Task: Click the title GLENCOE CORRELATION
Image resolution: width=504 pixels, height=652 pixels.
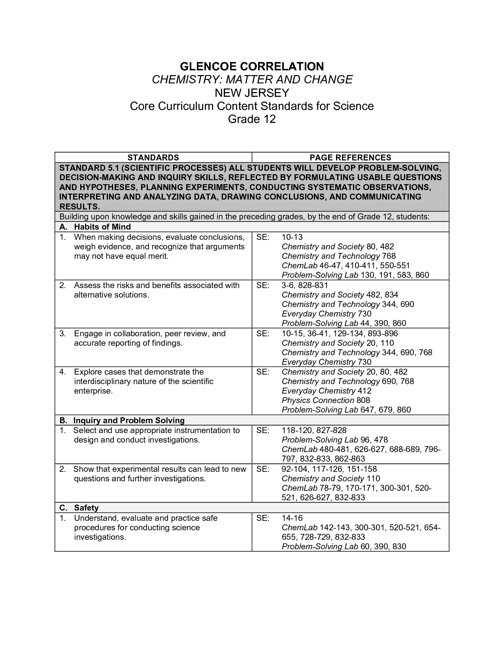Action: pos(252,66)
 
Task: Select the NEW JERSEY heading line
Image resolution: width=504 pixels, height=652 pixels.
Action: pos(252,93)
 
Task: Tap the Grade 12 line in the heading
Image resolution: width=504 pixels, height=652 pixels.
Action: pos(252,119)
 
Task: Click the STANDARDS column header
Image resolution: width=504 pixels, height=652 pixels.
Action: pos(153,157)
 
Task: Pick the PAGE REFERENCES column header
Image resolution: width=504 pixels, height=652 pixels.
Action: pos(350,157)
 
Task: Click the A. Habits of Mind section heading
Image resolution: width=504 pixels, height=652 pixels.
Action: pos(95,227)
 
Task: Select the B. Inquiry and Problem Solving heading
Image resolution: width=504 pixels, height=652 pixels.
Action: pos(122,420)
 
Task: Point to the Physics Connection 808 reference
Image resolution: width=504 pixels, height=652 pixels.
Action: pos(326,400)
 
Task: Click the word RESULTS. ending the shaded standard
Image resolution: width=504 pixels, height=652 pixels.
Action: pos(79,207)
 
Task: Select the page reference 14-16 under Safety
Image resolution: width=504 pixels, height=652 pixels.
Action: pos(292,518)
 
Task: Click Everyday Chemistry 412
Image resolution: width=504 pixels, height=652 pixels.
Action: pos(327,391)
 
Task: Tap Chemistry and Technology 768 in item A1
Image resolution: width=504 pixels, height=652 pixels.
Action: pos(339,256)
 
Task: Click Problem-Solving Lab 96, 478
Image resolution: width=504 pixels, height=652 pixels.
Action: pos(334,440)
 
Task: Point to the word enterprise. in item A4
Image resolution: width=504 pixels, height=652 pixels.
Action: pos(93,391)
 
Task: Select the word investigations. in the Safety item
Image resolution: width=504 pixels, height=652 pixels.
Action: pos(100,537)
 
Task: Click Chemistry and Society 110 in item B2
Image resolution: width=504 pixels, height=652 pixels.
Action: pos(330,479)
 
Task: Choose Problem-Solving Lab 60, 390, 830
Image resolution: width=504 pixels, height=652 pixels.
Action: pos(344,546)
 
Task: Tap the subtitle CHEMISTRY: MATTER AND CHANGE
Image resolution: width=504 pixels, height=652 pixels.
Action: pos(252,79)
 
